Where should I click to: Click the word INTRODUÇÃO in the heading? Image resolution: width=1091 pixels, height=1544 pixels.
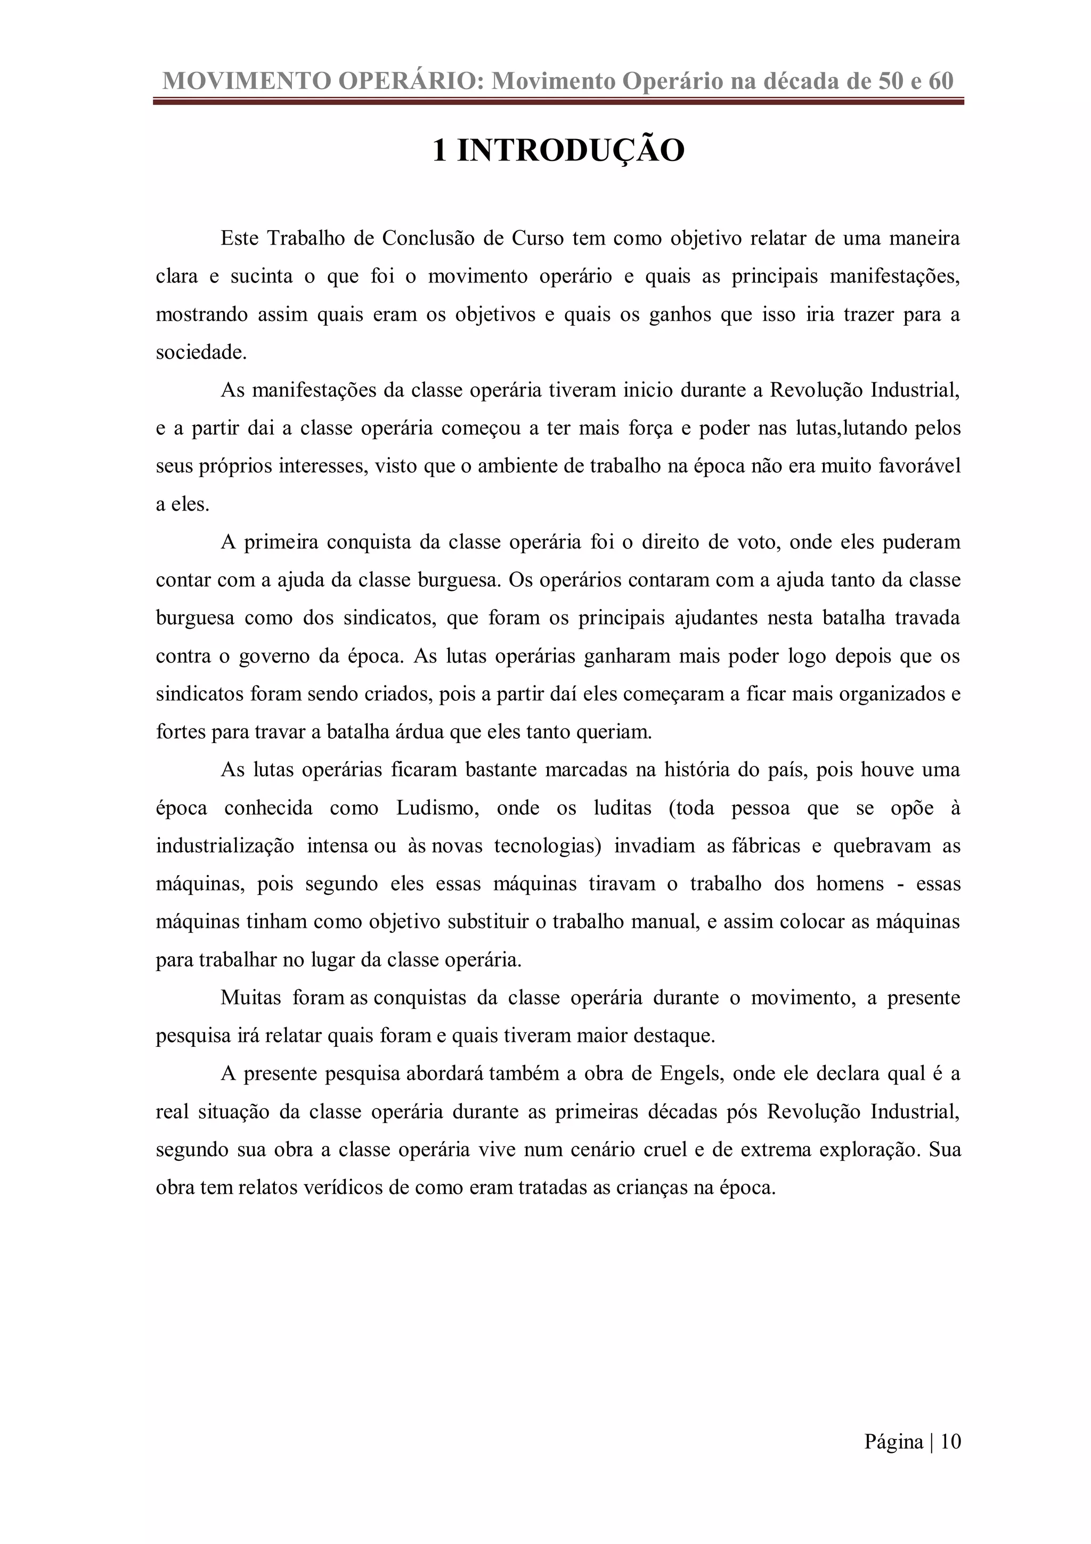(x=571, y=150)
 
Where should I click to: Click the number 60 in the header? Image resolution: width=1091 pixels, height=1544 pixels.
(x=941, y=82)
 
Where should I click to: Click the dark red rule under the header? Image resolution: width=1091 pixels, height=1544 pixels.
(x=558, y=102)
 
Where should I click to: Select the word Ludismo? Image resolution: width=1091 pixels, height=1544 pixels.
(x=437, y=807)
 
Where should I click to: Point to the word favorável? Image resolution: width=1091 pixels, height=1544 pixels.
(x=919, y=466)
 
